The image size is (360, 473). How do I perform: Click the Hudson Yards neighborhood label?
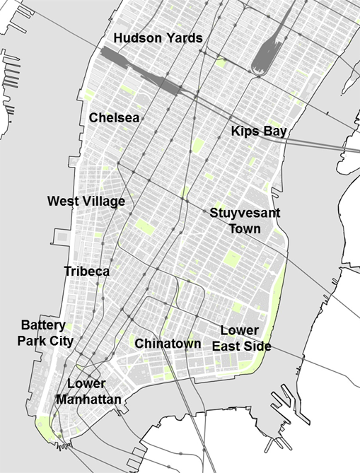tap(158, 37)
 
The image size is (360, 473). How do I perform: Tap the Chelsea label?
tap(115, 117)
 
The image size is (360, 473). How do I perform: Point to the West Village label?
tap(86, 202)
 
